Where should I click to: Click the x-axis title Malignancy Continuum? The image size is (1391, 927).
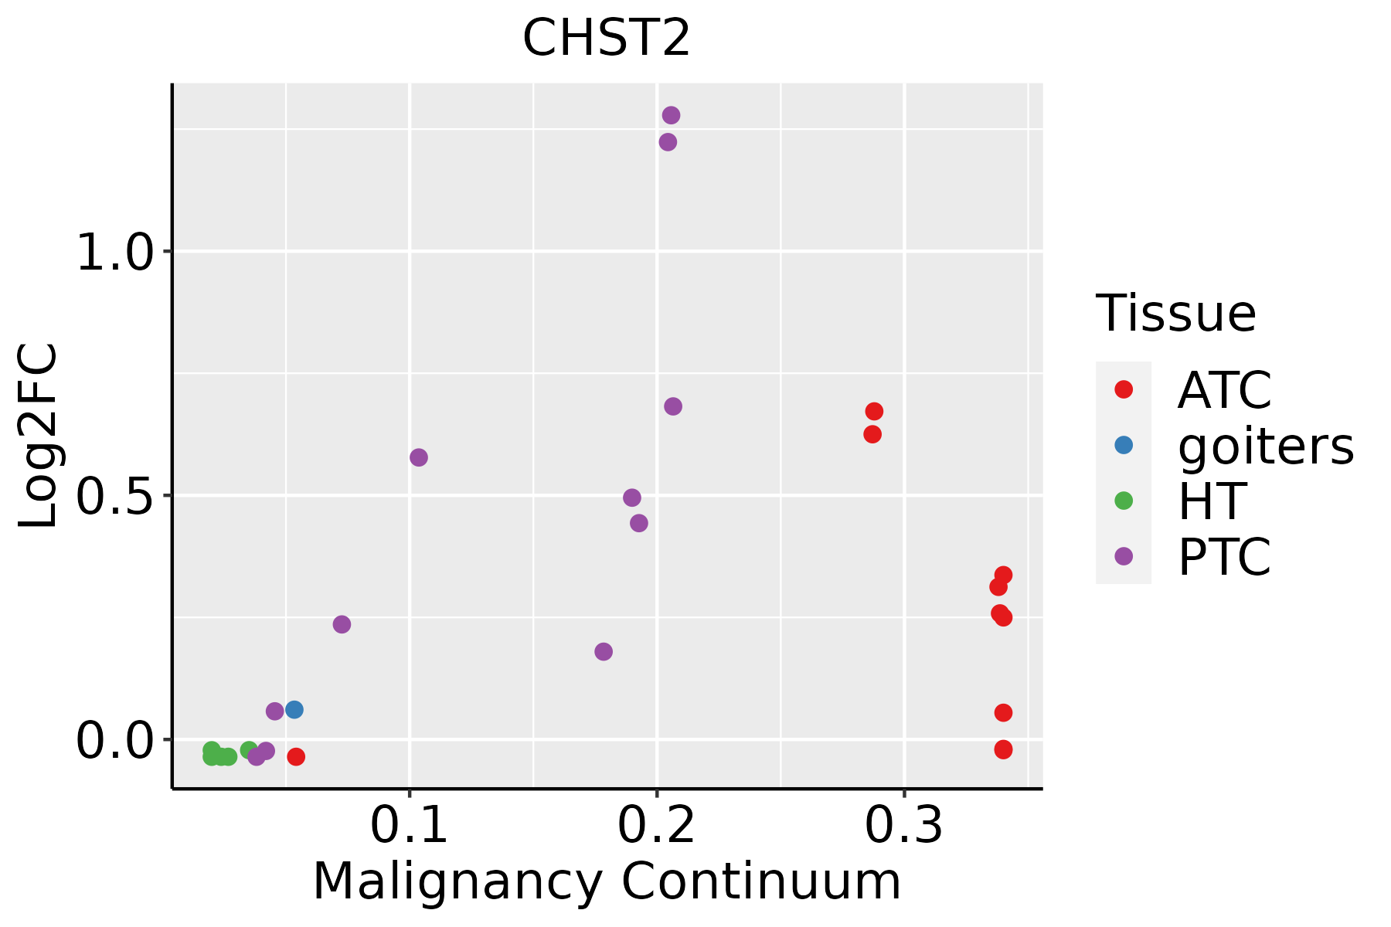(606, 881)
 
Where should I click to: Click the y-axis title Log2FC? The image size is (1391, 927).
(39, 436)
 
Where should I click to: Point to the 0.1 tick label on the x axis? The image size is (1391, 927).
(409, 826)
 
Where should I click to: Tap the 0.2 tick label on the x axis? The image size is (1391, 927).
(656, 826)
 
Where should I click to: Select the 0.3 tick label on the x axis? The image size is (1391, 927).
(903, 826)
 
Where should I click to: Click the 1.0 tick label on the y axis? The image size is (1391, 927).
(116, 252)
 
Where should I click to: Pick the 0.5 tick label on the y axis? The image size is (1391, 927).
(116, 496)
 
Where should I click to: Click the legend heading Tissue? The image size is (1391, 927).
(1176, 314)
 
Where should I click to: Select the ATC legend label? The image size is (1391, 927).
(1225, 390)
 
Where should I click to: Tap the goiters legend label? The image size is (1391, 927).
(1266, 446)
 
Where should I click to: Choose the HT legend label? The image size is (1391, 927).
(1212, 501)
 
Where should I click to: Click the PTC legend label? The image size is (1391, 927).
(1225, 557)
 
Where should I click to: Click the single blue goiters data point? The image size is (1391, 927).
(294, 709)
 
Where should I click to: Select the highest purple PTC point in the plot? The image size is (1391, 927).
(671, 115)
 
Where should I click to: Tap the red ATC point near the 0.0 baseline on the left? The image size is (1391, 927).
(296, 756)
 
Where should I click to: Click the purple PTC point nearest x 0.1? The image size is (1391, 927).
(419, 457)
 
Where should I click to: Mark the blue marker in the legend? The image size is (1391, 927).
(1124, 445)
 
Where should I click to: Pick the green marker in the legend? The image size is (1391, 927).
(1124, 501)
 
